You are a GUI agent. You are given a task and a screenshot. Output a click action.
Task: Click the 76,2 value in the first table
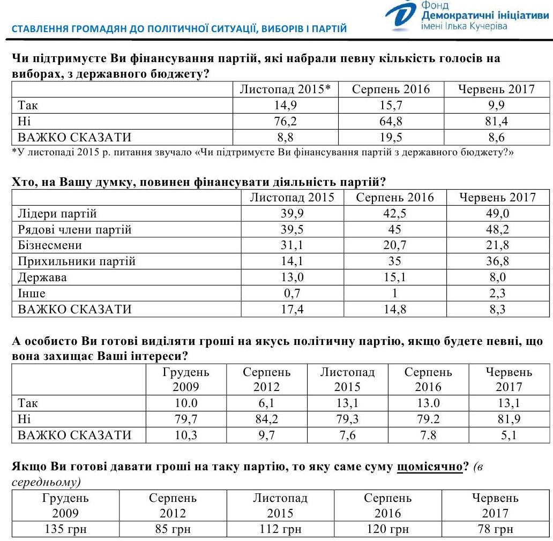(286, 121)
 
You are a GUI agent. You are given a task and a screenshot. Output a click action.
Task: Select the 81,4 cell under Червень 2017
(496, 121)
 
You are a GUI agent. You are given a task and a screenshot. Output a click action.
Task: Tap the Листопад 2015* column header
(286, 89)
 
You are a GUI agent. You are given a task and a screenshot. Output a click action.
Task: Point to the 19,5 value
(390, 137)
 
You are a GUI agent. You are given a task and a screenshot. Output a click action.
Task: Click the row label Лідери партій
(57, 214)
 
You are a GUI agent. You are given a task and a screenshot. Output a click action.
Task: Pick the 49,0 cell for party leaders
(497, 214)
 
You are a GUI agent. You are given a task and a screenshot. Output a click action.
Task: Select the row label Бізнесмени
(50, 245)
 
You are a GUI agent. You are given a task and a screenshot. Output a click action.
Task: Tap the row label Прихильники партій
(77, 261)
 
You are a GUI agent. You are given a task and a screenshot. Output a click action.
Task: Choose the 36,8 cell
(497, 261)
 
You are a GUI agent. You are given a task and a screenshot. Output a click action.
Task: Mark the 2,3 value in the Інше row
(497, 294)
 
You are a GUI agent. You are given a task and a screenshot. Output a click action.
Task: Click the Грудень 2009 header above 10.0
(186, 379)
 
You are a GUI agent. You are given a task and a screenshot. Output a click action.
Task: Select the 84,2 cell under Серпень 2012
(266, 419)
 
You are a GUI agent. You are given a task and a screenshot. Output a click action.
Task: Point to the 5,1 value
(509, 435)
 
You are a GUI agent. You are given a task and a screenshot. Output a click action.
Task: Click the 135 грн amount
(65, 529)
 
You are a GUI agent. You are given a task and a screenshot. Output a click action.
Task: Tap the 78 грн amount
(495, 529)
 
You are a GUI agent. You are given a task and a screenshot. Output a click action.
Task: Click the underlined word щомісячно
(429, 467)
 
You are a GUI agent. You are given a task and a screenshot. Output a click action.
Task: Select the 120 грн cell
(387, 529)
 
